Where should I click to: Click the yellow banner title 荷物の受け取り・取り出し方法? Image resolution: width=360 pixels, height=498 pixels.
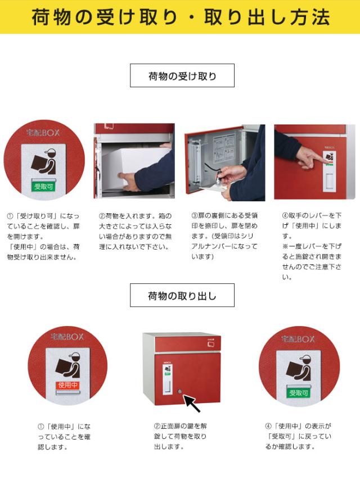click(181, 17)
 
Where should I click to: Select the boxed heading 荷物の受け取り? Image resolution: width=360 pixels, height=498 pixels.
click(182, 75)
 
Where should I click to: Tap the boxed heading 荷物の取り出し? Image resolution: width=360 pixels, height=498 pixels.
click(182, 295)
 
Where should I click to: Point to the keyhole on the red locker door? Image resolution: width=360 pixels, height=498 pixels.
click(180, 391)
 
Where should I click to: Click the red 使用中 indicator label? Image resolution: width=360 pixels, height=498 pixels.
click(67, 385)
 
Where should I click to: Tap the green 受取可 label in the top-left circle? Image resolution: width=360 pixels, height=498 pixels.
click(43, 187)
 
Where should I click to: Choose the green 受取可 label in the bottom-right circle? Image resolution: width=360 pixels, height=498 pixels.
click(298, 393)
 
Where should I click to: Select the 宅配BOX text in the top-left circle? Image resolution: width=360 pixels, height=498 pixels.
click(43, 133)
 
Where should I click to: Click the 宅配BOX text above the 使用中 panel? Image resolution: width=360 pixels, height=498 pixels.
click(67, 337)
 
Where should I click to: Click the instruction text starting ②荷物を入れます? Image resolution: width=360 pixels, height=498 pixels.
click(135, 231)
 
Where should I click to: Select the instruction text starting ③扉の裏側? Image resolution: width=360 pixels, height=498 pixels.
click(224, 236)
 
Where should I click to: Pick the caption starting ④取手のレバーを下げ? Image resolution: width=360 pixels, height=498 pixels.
click(312, 246)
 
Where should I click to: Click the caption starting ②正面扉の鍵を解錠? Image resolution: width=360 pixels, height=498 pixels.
click(180, 436)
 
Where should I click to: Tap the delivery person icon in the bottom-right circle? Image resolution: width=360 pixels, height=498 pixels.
click(298, 368)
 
